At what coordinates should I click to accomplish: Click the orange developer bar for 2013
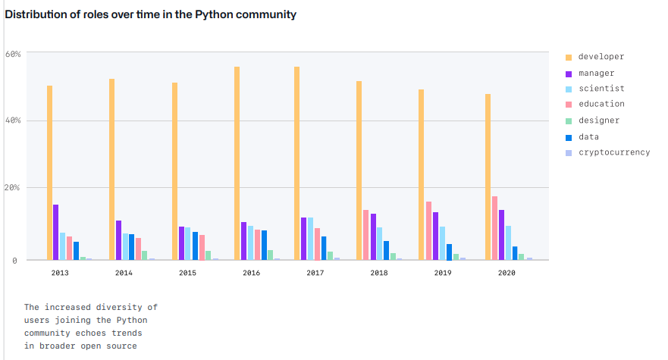click(x=50, y=173)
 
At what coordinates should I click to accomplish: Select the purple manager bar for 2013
click(x=56, y=232)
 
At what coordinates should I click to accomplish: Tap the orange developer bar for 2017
click(x=296, y=163)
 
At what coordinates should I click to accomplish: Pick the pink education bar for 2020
click(x=494, y=228)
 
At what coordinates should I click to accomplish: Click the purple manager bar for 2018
click(x=374, y=236)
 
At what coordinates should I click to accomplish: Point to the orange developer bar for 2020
click(x=488, y=177)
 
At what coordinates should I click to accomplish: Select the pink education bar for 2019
click(x=428, y=230)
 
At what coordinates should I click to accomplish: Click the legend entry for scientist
click(x=601, y=89)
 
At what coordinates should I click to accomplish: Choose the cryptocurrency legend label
click(x=613, y=152)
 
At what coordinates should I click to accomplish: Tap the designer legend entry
click(x=598, y=121)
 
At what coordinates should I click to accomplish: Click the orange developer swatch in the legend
click(x=568, y=57)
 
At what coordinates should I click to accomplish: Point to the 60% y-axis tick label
click(x=13, y=54)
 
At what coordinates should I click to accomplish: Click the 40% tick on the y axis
click(x=13, y=121)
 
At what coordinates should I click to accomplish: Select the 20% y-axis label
click(x=13, y=187)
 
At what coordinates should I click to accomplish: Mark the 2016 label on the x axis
click(x=251, y=272)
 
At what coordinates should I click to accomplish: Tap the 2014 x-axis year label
click(x=124, y=272)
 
